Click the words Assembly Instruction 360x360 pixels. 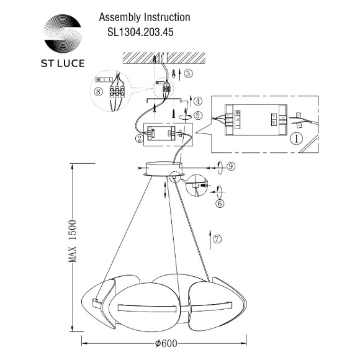145,18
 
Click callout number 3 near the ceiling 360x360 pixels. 189,74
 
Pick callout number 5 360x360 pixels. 197,115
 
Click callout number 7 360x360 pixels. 217,238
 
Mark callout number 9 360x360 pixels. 230,166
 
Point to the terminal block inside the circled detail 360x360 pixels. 115,89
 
